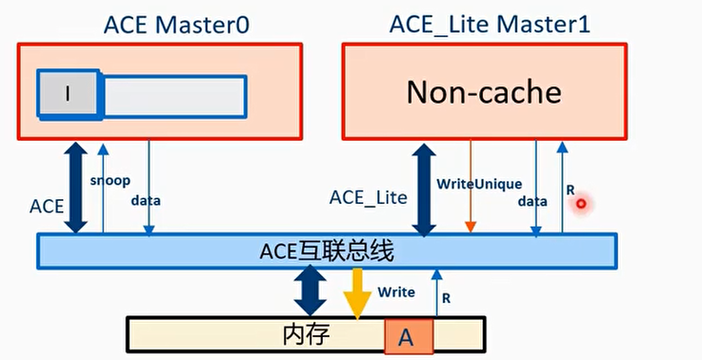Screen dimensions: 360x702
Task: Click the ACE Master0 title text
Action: (x=176, y=23)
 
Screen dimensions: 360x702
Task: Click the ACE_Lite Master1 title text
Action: (x=490, y=23)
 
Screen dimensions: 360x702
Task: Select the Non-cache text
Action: (x=484, y=92)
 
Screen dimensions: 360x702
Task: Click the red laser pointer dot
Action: (x=580, y=204)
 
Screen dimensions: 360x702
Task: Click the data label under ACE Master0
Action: (x=146, y=201)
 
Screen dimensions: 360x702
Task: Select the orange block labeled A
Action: (x=408, y=336)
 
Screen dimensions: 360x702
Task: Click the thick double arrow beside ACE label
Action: (x=75, y=187)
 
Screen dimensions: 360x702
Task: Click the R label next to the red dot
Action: (x=571, y=190)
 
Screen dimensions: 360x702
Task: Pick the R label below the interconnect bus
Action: (x=446, y=298)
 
